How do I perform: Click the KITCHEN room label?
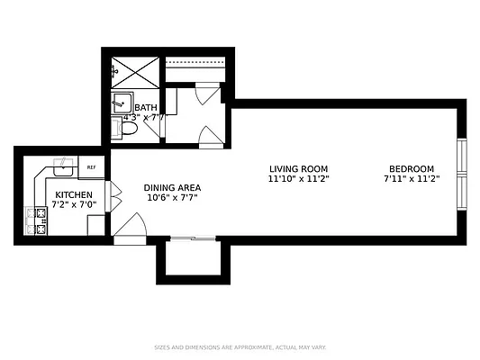(x=73, y=194)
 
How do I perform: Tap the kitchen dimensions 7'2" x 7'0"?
(x=73, y=206)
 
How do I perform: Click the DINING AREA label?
(x=170, y=187)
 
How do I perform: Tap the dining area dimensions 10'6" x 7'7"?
(x=170, y=198)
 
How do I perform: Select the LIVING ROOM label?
(x=298, y=169)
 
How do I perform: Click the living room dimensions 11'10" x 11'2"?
(x=298, y=180)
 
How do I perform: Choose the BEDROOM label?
(x=412, y=169)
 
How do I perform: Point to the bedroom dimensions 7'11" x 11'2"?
(x=412, y=180)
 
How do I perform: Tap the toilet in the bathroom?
(x=127, y=130)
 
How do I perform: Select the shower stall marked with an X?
(x=134, y=70)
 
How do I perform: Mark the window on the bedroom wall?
(x=462, y=170)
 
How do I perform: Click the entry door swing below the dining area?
(x=132, y=224)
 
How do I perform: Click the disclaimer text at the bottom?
(x=240, y=346)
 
